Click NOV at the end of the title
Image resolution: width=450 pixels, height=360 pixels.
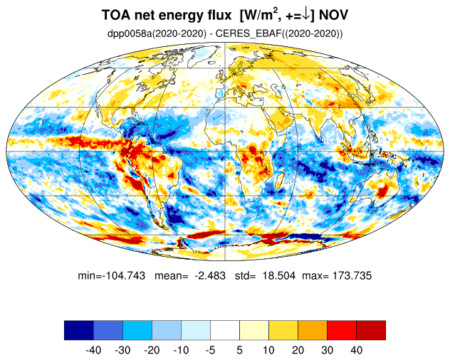click(x=333, y=15)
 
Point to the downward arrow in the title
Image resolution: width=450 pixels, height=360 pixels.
click(x=305, y=16)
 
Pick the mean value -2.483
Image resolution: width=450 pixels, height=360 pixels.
click(x=210, y=275)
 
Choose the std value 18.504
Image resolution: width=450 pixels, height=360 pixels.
click(x=279, y=275)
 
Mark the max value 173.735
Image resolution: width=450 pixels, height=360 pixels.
click(x=352, y=275)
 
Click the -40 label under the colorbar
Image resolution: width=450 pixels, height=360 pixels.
click(x=93, y=350)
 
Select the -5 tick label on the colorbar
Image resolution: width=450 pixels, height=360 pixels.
click(x=210, y=350)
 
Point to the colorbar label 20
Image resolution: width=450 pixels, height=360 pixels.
click(x=298, y=350)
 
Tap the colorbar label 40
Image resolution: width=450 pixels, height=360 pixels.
click(x=356, y=350)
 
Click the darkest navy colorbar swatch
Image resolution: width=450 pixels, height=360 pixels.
click(x=79, y=330)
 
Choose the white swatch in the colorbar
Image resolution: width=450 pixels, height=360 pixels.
click(x=225, y=330)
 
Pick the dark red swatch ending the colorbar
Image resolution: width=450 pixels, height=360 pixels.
click(x=371, y=330)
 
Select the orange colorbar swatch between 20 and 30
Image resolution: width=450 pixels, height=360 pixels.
click(x=313, y=330)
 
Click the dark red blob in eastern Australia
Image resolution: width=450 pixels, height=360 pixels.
click(x=382, y=191)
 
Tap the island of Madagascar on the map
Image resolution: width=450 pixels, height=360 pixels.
click(x=279, y=181)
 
